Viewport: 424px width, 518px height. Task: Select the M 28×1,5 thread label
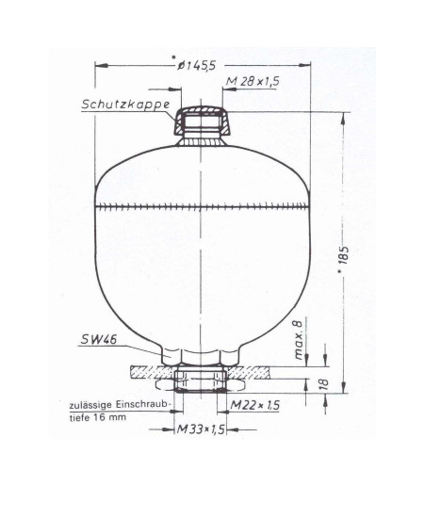tap(253, 83)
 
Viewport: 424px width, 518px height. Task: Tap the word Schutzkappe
tap(124, 105)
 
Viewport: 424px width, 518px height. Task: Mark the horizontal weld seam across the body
tap(203, 205)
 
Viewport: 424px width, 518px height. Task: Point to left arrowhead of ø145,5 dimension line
tap(100, 65)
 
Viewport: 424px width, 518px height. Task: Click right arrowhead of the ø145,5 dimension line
tap(307, 65)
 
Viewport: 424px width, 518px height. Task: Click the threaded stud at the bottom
tap(203, 384)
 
